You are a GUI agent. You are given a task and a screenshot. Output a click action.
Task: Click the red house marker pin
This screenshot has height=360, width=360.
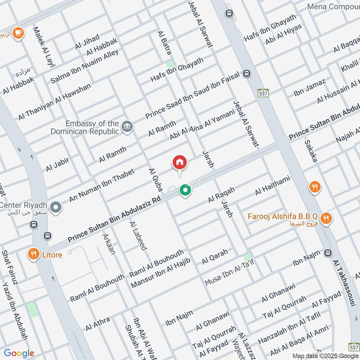180,162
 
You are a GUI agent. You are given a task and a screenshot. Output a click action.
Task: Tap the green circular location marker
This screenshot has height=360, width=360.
184,191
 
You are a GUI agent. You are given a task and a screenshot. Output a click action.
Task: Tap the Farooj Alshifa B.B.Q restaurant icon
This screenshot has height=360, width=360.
327,218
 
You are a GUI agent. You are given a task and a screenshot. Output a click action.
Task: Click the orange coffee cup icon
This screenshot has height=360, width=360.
18,33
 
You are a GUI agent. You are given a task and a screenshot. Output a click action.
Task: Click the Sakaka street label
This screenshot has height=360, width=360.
310,151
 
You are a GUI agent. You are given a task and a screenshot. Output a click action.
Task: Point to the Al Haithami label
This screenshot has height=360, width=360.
272,186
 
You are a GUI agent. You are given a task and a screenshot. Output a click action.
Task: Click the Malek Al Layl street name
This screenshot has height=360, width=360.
43,47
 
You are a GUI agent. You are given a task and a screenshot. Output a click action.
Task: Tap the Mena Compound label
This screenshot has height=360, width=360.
333,7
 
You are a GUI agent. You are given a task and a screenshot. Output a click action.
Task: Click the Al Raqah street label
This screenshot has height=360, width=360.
221,195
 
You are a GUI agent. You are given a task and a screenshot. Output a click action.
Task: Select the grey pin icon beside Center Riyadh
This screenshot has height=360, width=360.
56,207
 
